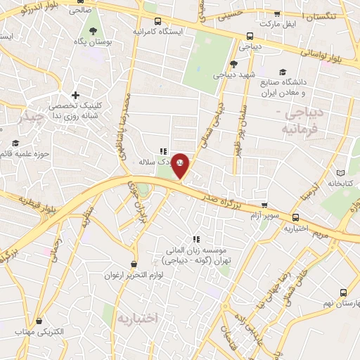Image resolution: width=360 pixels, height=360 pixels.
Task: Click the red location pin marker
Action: tap(181, 165)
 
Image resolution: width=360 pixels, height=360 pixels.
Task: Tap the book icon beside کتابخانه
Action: tap(341, 173)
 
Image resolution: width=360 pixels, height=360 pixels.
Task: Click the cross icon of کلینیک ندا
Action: tap(75, 95)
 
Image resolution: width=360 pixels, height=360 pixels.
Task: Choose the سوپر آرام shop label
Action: tap(266, 214)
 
